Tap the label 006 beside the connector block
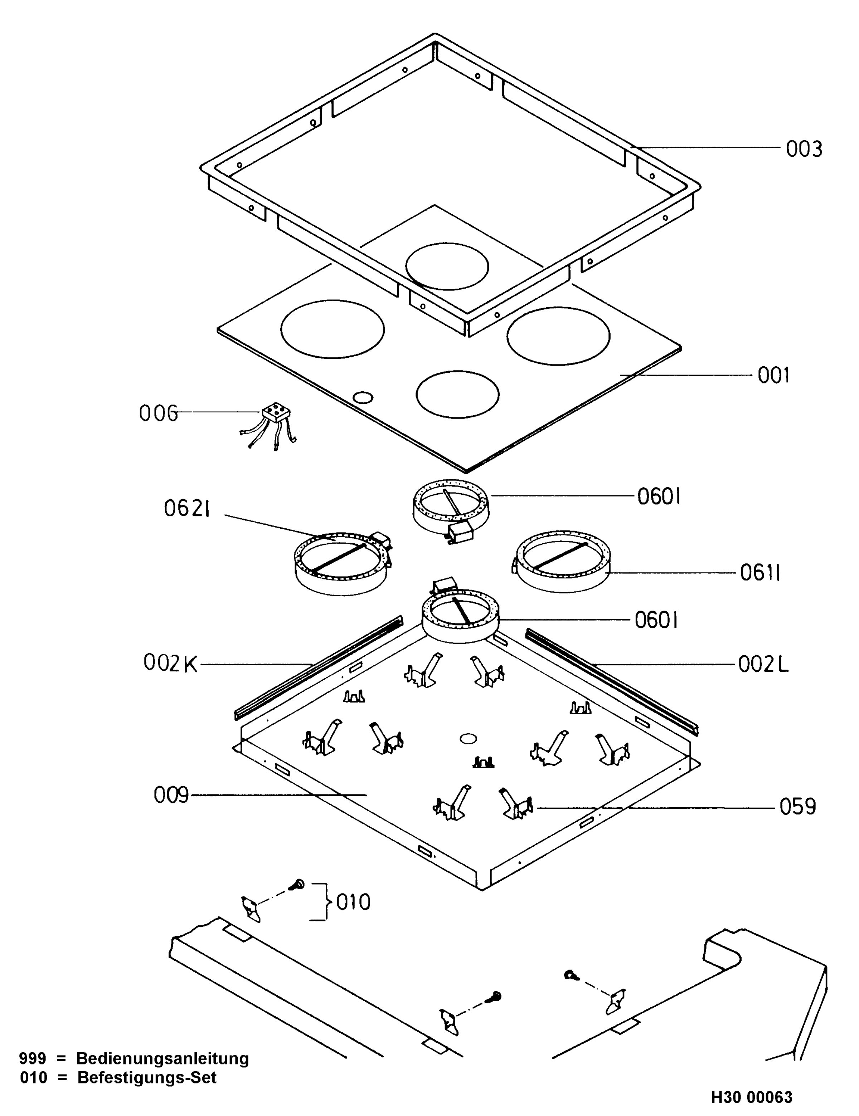[x=159, y=413]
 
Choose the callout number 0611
[x=760, y=573]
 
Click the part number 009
[x=171, y=795]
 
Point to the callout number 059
[x=798, y=807]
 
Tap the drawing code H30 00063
[x=752, y=1097]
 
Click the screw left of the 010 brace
[x=296, y=885]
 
